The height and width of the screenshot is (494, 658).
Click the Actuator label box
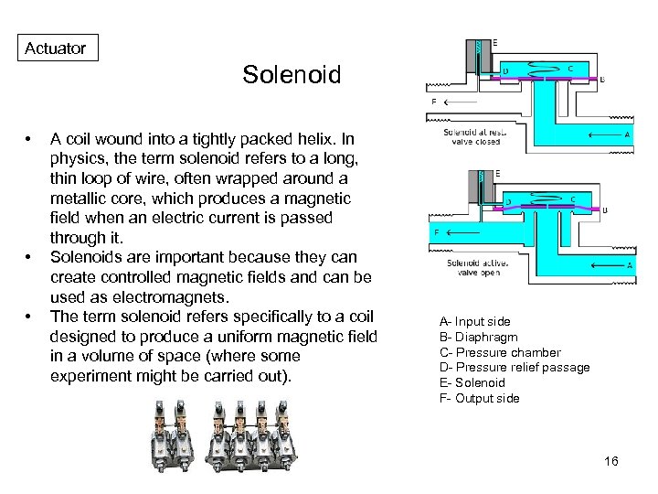(x=56, y=48)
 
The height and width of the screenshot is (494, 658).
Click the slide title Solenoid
(x=292, y=75)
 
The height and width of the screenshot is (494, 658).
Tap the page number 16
(x=611, y=461)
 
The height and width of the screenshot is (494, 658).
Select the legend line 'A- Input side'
(x=474, y=321)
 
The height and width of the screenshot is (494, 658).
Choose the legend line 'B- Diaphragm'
(x=478, y=337)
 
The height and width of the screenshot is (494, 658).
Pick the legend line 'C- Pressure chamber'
(x=500, y=352)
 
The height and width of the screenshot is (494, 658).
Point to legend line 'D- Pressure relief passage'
(x=515, y=368)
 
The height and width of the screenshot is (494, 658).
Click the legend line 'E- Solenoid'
(x=472, y=382)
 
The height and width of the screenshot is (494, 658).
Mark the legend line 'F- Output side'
(x=479, y=398)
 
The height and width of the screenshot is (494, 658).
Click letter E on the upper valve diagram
(x=496, y=43)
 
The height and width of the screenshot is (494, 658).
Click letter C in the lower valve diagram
(x=572, y=198)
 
